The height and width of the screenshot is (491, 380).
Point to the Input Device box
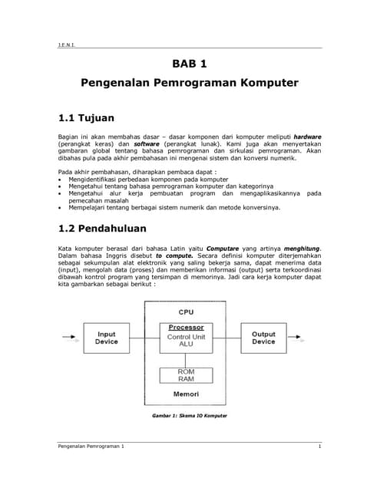click(106, 338)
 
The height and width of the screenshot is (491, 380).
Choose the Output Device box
click(263, 338)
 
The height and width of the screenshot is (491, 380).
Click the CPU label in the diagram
click(186, 312)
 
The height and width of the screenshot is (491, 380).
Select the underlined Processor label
click(186, 328)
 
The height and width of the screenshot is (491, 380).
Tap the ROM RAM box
click(186, 375)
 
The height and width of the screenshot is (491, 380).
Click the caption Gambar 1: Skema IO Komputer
click(190, 417)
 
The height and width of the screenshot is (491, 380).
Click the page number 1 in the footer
click(319, 446)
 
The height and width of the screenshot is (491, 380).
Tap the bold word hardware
click(307, 136)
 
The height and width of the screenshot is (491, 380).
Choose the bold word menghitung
click(300, 248)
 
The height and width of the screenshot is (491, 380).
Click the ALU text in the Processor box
click(186, 344)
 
